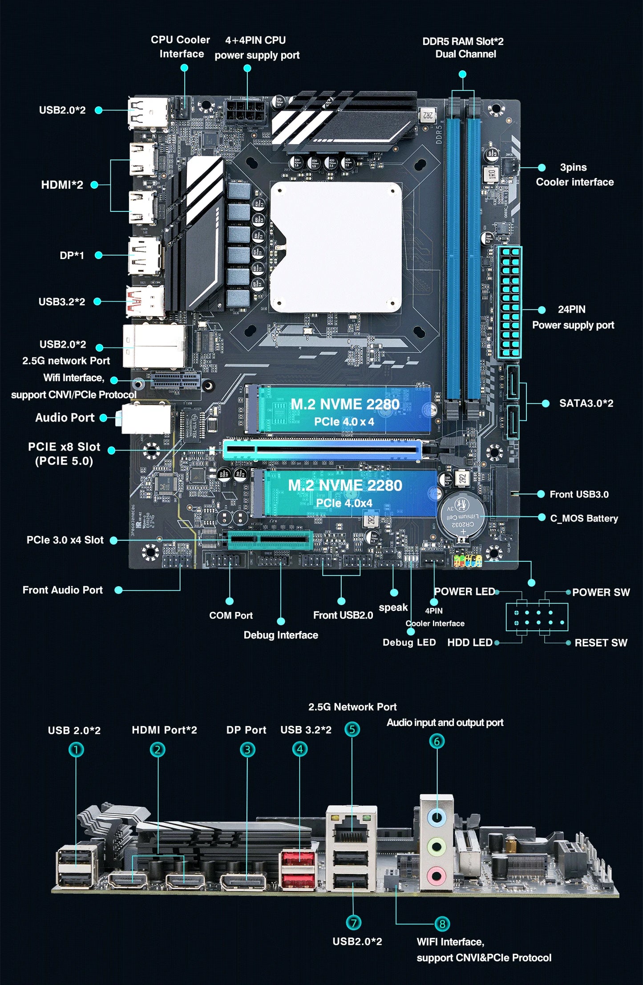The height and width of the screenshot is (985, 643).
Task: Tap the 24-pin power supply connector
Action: click(510, 303)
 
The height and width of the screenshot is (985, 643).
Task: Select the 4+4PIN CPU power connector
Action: click(246, 111)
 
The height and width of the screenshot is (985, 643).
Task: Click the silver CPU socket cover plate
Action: click(336, 247)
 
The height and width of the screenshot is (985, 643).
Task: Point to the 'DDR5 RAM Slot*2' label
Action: click(463, 41)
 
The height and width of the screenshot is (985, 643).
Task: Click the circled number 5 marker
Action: click(352, 729)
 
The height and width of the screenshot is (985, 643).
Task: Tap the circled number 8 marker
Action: click(442, 924)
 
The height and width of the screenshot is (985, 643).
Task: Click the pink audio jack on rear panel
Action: click(436, 876)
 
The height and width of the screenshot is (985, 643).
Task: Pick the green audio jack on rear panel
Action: click(437, 847)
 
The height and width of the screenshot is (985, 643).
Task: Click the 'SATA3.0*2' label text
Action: click(586, 403)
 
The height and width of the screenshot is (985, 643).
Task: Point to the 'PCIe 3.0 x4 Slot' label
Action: click(65, 540)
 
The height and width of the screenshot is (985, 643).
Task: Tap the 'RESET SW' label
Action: click(601, 643)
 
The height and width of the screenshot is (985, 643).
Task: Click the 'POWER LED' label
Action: click(465, 592)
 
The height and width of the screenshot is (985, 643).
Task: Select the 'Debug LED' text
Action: click(409, 642)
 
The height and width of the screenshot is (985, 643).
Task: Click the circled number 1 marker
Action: click(76, 750)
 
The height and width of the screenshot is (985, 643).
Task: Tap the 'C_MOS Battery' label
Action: click(584, 519)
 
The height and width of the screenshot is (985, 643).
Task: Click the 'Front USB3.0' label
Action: click(579, 495)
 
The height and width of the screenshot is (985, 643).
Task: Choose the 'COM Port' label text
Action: click(231, 616)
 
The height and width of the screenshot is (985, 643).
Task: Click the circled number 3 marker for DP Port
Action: click(247, 750)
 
